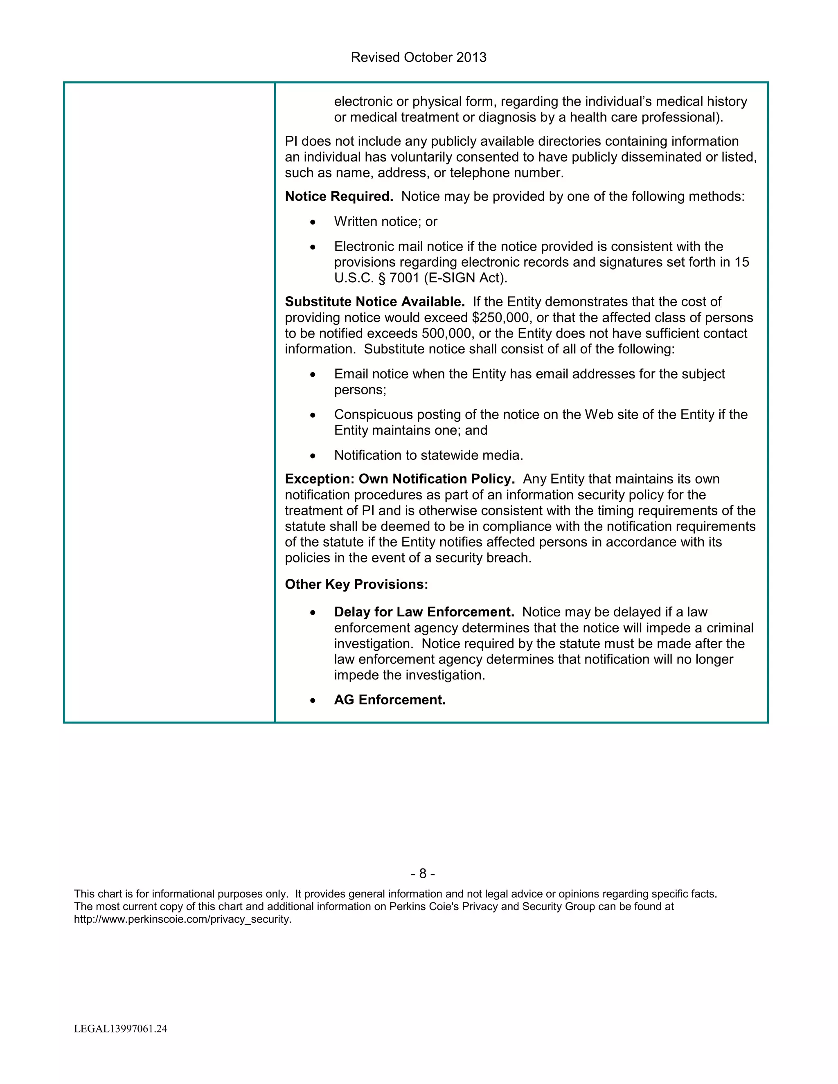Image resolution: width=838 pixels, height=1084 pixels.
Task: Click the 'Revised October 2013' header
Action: coord(419,58)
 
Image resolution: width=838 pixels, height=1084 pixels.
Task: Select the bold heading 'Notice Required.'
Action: coord(338,196)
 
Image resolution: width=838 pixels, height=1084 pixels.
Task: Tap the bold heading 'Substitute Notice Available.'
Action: coord(375,302)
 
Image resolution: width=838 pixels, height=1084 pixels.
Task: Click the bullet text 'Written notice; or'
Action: coord(385,222)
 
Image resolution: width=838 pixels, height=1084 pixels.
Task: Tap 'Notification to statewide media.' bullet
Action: coord(428,455)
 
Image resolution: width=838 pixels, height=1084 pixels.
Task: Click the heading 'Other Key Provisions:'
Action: coord(356,584)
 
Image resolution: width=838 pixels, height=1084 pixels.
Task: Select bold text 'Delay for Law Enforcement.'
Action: coord(424,612)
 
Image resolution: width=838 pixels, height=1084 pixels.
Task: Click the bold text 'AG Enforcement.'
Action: coord(390,700)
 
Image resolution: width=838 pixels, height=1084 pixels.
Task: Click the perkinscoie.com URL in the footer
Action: coord(182,919)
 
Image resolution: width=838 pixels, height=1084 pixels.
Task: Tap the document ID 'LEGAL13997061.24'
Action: coord(121,1028)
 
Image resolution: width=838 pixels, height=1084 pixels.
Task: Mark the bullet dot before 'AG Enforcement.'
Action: coord(312,700)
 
